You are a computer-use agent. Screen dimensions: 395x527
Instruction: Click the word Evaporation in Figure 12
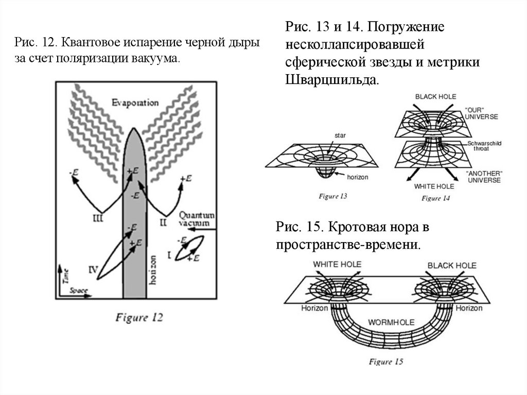pos(135,102)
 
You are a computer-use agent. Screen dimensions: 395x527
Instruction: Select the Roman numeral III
pos(98,218)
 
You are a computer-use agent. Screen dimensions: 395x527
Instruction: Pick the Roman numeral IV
pos(93,268)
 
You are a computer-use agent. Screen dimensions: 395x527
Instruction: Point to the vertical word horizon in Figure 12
pos(152,270)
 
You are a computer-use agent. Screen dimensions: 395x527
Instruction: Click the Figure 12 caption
pos(139,317)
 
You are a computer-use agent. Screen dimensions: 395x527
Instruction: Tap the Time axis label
pos(64,276)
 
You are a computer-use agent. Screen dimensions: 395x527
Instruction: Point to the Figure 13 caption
pos(333,196)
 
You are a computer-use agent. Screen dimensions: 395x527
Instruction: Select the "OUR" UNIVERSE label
pos(481,113)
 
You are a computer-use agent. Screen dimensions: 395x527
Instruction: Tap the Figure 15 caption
pos(385,362)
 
